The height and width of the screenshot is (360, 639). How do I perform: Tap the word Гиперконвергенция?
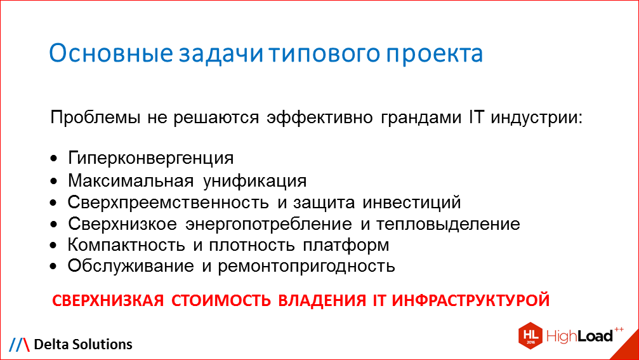click(x=151, y=157)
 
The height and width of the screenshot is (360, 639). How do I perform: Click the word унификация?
click(x=255, y=181)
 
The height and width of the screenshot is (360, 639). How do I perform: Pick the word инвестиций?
click(x=412, y=203)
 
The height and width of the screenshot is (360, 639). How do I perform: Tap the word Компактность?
click(x=124, y=244)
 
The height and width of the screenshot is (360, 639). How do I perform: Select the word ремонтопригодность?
click(x=306, y=266)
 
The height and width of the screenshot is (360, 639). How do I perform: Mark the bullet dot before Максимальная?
click(x=55, y=182)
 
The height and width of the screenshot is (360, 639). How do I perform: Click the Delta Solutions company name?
click(x=83, y=344)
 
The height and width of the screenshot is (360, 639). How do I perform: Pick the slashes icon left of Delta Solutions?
click(x=19, y=344)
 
